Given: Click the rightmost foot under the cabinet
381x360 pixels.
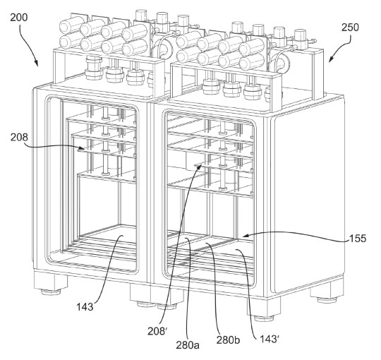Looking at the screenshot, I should (x=325, y=296).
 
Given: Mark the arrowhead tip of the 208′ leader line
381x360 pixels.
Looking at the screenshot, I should (x=200, y=165).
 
